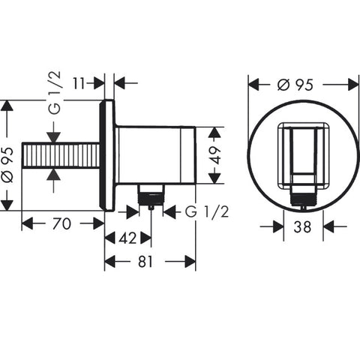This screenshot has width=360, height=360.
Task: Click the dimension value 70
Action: [61, 223]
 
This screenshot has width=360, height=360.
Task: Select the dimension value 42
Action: [127, 238]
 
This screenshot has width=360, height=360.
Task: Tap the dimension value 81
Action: [145, 262]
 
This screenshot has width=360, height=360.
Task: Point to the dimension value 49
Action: [215, 155]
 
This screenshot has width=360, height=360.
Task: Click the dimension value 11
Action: [79, 83]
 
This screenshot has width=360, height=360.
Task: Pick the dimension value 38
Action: [302, 227]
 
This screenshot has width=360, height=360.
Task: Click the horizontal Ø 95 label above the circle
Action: [295, 85]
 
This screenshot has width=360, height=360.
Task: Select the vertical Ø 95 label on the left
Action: [7, 165]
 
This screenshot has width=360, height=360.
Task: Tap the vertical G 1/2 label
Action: [55, 92]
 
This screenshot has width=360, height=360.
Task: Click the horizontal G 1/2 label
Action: [207, 212]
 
